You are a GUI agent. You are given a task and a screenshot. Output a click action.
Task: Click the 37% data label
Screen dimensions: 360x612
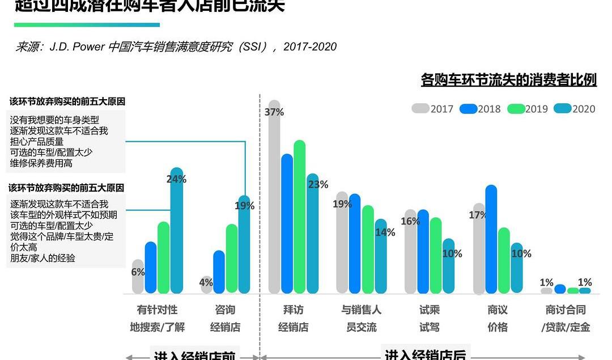[274, 112]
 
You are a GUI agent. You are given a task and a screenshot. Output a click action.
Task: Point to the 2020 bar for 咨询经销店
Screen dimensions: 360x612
[244, 249]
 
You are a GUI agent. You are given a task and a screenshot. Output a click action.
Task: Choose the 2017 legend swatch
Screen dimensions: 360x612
[420, 108]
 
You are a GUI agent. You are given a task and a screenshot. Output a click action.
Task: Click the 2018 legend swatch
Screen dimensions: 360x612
[467, 108]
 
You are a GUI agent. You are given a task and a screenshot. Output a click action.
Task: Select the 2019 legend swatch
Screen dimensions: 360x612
[515, 108]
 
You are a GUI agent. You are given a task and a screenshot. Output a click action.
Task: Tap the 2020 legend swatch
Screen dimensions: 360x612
[562, 108]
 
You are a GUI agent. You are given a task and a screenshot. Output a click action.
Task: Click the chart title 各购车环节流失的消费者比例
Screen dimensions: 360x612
[508, 80]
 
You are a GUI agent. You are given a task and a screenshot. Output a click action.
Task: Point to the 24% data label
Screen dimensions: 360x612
[176, 179]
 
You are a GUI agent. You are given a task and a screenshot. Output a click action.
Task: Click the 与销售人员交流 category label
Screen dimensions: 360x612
[361, 319]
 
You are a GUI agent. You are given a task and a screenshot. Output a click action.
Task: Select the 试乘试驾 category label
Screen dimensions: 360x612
[430, 319]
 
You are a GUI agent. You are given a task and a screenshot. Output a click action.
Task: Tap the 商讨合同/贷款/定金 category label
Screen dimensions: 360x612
[566, 319]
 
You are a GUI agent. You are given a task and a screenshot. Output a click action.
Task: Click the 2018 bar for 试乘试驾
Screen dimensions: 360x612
[423, 252]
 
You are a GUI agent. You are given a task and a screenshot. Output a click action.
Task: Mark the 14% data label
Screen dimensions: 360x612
[385, 232]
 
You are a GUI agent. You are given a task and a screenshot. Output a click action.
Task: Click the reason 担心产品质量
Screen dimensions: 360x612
[37, 142]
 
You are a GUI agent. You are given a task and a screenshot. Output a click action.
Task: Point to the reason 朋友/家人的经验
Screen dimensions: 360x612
[43, 258]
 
